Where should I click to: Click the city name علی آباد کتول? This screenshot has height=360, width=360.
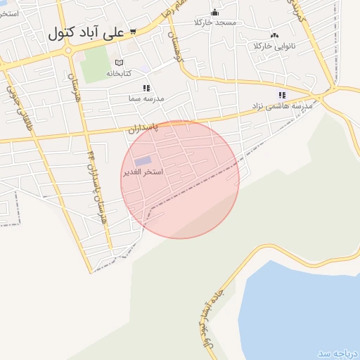tap(86, 32)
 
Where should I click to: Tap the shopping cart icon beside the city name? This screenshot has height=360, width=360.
tap(132, 32)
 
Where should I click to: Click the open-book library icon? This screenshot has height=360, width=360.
tap(118, 63)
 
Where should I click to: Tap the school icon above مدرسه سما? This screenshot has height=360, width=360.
tap(146, 89)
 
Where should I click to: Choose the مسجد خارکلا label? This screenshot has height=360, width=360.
tap(216, 22)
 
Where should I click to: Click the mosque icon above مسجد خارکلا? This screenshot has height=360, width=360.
tap(214, 13)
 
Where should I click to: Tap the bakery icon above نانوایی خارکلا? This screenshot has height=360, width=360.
tap(274, 35)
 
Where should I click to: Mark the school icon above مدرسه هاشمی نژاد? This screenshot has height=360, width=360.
tap(282, 95)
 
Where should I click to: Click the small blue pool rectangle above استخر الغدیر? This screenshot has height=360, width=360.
tap(143, 161)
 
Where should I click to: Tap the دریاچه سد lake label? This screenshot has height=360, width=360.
tap(337, 353)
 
